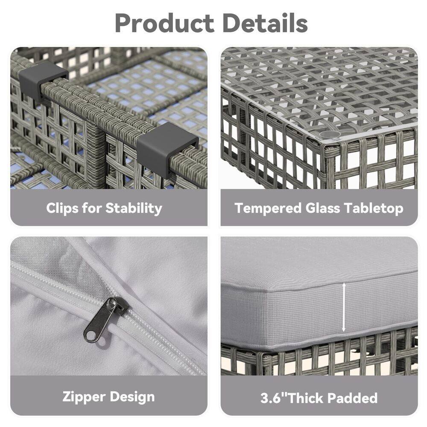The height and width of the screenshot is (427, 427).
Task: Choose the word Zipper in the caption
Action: [84, 397]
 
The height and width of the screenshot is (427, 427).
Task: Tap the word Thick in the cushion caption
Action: [308, 398]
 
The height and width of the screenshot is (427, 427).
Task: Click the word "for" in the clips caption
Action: [92, 208]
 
